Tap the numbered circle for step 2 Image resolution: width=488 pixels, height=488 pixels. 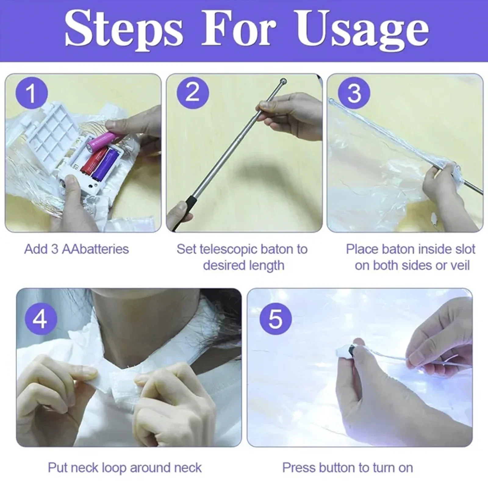pos(192,93)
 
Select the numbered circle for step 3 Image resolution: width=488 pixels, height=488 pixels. pos(354,93)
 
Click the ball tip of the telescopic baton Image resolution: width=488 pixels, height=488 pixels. pos(283,81)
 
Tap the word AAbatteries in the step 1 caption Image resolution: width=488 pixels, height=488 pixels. pos(95,249)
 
